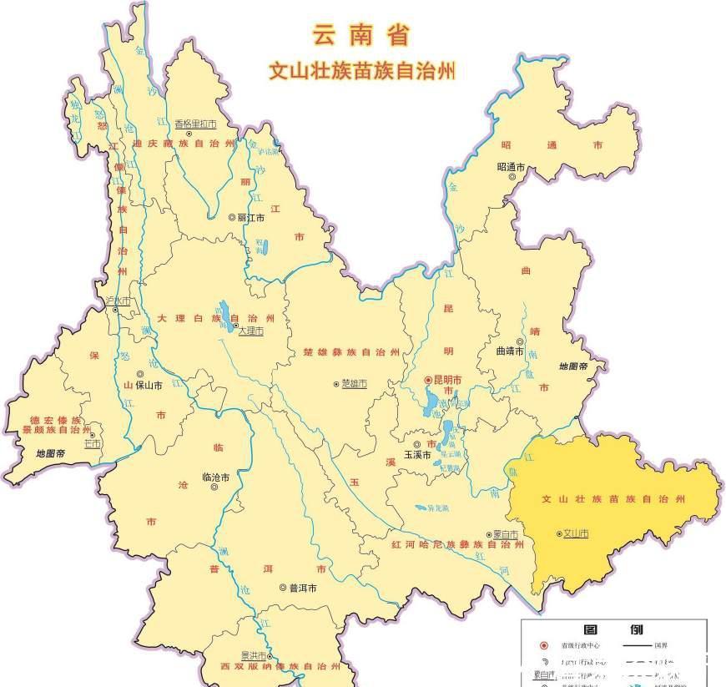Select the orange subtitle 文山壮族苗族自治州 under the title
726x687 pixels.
361,70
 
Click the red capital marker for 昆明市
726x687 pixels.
429,380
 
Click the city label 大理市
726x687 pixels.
250,331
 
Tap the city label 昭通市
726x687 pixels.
510,167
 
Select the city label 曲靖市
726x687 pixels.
509,351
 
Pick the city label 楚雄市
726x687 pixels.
354,384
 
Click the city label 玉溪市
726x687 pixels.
416,456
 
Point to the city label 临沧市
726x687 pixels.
215,477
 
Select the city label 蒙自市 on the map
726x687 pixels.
506,534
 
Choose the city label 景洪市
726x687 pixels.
253,655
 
